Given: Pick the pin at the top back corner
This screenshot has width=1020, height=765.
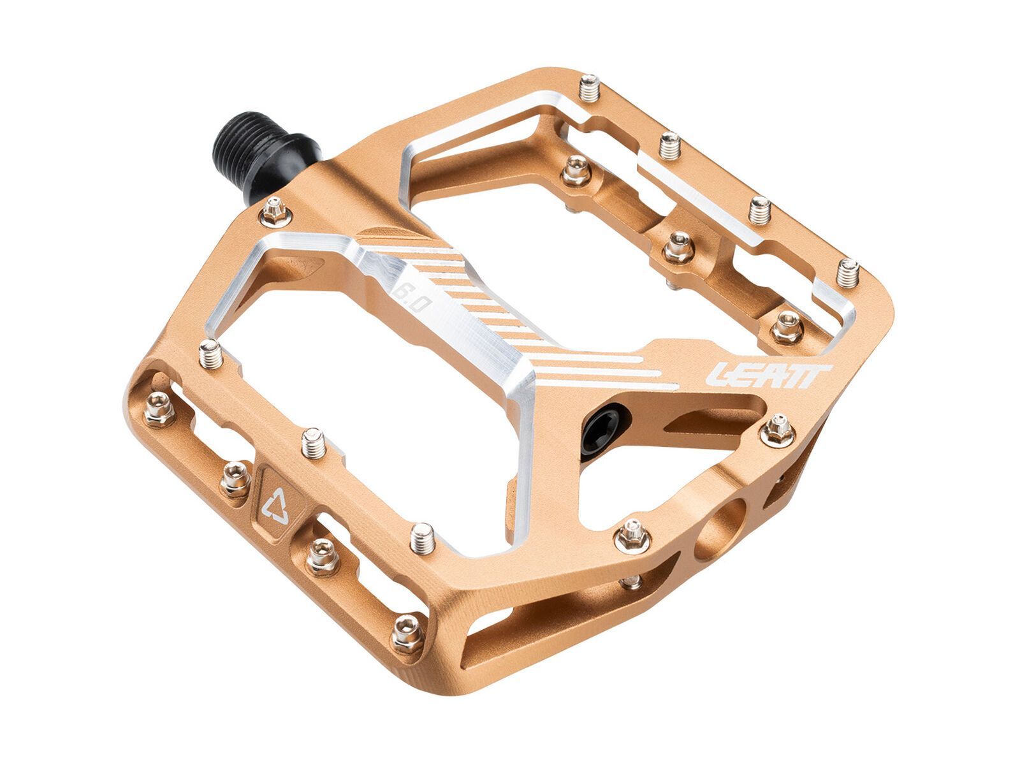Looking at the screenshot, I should [589, 99].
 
